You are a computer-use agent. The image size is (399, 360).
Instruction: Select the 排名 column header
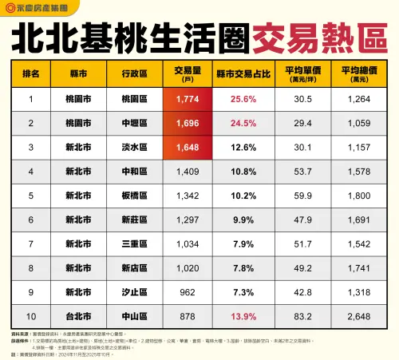[30, 73]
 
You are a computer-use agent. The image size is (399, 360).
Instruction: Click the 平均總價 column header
[359, 73]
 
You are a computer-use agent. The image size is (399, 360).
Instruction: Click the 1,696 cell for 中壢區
[188, 123]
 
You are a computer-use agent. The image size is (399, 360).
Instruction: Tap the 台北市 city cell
[78, 317]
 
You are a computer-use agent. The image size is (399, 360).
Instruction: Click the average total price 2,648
[359, 317]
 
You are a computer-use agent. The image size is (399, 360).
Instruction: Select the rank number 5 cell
[30, 196]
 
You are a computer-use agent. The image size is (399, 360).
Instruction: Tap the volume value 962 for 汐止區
[188, 293]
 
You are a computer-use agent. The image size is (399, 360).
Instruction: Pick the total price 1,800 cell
[359, 196]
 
